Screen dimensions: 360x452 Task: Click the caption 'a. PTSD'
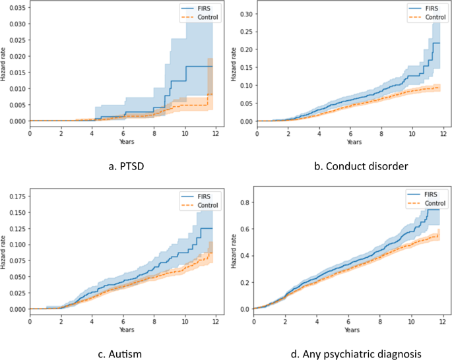[126, 166]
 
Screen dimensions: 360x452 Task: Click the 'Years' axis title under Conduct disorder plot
[354, 142]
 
